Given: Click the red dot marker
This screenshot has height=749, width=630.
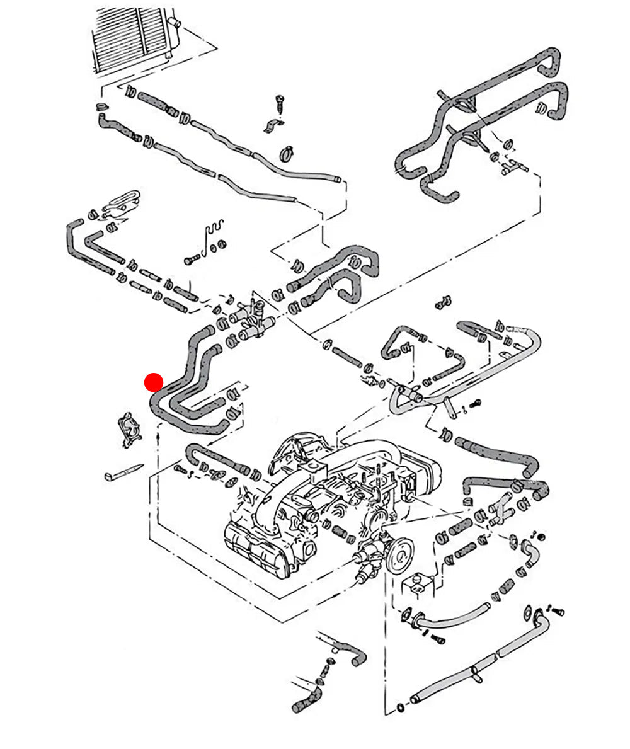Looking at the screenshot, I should [154, 382].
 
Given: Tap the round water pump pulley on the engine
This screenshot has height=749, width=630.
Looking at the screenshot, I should [400, 555].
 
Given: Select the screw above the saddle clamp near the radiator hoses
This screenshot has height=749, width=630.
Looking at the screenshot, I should [280, 103].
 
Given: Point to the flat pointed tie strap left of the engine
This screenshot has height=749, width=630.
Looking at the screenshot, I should [123, 472].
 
